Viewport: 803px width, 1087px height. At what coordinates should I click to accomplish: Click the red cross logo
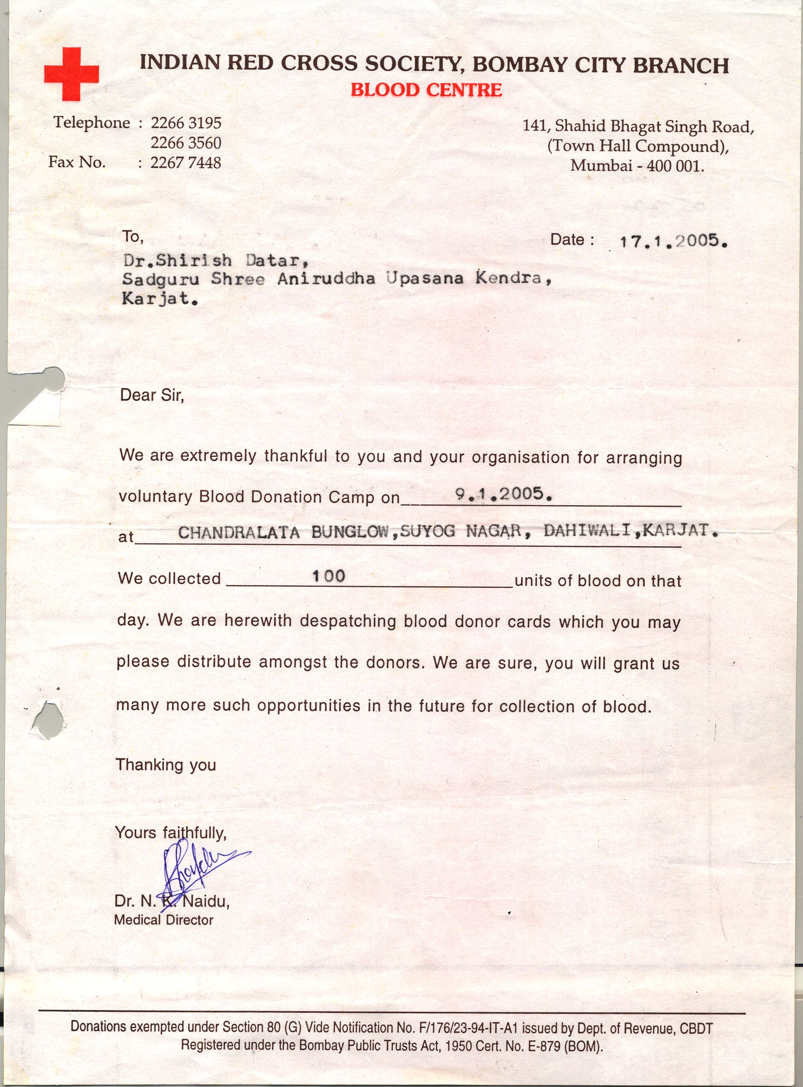click(71, 74)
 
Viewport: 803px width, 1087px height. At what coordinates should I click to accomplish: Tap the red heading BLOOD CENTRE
click(426, 90)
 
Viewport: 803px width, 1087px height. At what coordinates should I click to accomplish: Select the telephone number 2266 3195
click(186, 123)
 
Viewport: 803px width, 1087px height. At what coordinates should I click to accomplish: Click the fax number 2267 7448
click(186, 162)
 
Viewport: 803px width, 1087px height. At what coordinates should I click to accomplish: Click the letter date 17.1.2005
click(673, 241)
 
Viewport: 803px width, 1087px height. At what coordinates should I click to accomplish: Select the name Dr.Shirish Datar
click(216, 261)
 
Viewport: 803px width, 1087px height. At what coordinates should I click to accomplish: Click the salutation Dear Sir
click(152, 395)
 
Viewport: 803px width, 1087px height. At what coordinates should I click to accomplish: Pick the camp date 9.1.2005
click(503, 494)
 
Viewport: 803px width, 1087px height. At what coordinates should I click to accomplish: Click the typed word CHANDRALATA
click(239, 533)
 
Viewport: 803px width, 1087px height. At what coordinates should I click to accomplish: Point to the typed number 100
click(328, 576)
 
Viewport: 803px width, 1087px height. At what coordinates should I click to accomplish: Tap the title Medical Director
click(163, 920)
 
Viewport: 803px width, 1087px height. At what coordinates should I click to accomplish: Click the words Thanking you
click(166, 764)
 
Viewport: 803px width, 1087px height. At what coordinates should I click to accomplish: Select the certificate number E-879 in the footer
click(543, 1046)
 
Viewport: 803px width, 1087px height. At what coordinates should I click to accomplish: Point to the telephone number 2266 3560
click(186, 143)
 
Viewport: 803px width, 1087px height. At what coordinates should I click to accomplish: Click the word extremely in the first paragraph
click(218, 456)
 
